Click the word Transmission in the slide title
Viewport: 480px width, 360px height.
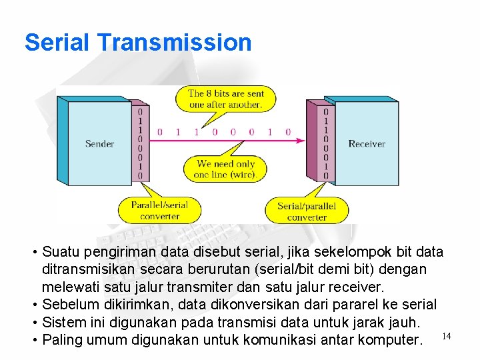[174, 43]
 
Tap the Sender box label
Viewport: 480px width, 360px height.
[99, 144]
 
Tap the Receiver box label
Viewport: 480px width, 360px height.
[367, 144]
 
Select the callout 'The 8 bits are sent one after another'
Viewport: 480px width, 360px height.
[225, 99]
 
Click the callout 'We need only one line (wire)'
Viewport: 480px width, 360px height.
[225, 169]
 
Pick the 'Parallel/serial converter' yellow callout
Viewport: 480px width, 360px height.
[159, 210]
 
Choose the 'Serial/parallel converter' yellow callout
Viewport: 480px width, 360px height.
[307, 211]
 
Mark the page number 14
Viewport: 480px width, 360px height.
[446, 336]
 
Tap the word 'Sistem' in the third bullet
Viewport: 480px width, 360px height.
[63, 323]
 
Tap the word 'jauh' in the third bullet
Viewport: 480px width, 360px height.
[405, 323]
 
